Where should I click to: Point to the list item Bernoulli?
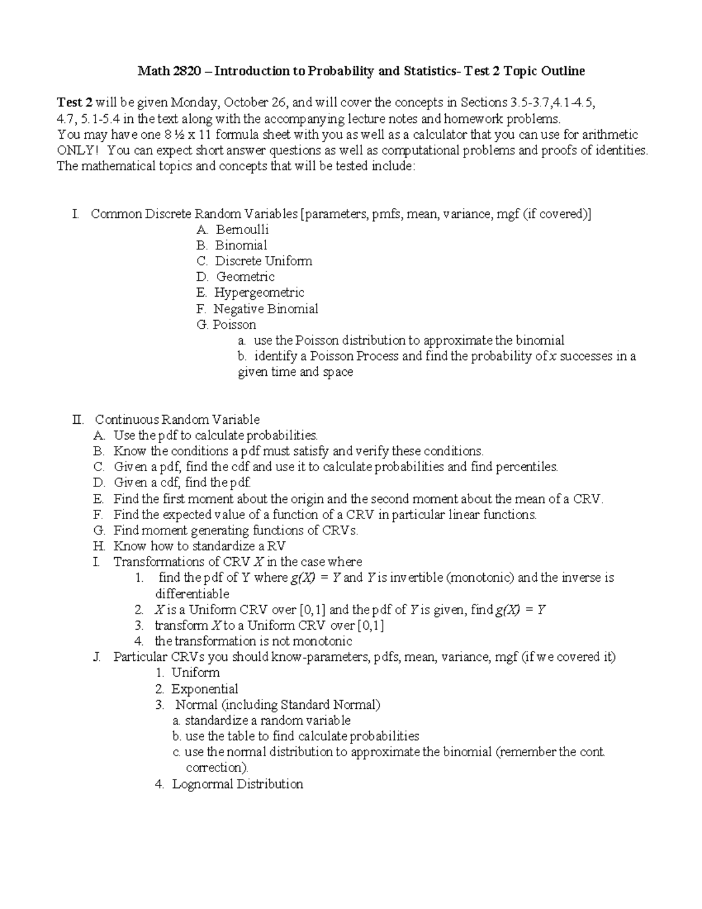(242, 230)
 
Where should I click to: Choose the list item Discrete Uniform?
(263, 261)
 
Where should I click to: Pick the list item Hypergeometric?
(259, 293)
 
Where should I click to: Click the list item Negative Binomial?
(266, 309)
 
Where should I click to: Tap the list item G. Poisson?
(227, 325)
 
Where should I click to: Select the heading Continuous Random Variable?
(177, 420)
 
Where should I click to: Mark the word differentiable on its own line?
(192, 594)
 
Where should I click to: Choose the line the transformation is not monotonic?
(253, 641)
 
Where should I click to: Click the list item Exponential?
(204, 689)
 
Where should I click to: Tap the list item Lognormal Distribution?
(237, 784)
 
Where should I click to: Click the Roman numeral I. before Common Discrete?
(75, 214)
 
